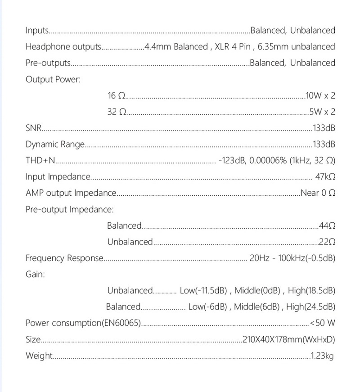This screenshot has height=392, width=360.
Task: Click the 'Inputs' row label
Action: pos(37,31)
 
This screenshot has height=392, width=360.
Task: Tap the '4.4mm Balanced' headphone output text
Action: pos(175,47)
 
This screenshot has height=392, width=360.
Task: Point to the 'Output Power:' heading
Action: pos(53,80)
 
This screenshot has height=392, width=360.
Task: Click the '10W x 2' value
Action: pos(320,96)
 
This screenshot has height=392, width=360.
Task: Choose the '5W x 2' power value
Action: pos(322,112)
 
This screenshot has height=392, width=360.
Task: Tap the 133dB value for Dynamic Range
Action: pos(324,144)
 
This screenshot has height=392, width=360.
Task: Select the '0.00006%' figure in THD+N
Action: pos(267,161)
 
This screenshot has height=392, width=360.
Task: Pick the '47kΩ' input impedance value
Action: pos(325,177)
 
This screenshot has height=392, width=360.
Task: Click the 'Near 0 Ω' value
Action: pos(318,193)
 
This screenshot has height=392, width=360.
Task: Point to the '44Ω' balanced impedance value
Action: pos(327,225)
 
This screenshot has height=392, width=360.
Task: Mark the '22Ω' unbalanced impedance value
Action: pos(327,242)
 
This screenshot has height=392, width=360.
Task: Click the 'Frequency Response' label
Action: pos(64,258)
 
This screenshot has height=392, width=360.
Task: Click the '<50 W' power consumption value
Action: pos(323,323)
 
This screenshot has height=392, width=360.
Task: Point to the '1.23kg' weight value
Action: pos(322,356)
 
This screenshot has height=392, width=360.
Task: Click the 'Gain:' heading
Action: pos(35,274)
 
